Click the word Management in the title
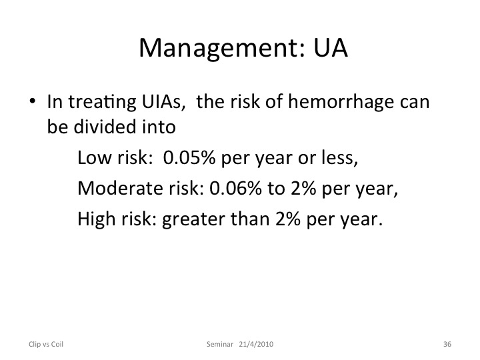(x=222, y=49)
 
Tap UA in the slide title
(x=331, y=48)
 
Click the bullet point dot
(x=33, y=101)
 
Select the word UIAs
(x=163, y=101)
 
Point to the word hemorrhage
(x=341, y=102)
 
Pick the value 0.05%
(x=189, y=157)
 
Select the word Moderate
(x=120, y=188)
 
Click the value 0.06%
(x=235, y=188)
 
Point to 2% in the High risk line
(x=288, y=219)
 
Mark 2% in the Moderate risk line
(x=303, y=188)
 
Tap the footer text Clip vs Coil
(x=46, y=344)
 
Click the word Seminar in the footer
(x=220, y=344)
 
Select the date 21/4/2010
(x=256, y=344)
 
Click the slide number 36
(x=447, y=344)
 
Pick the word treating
(x=102, y=102)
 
